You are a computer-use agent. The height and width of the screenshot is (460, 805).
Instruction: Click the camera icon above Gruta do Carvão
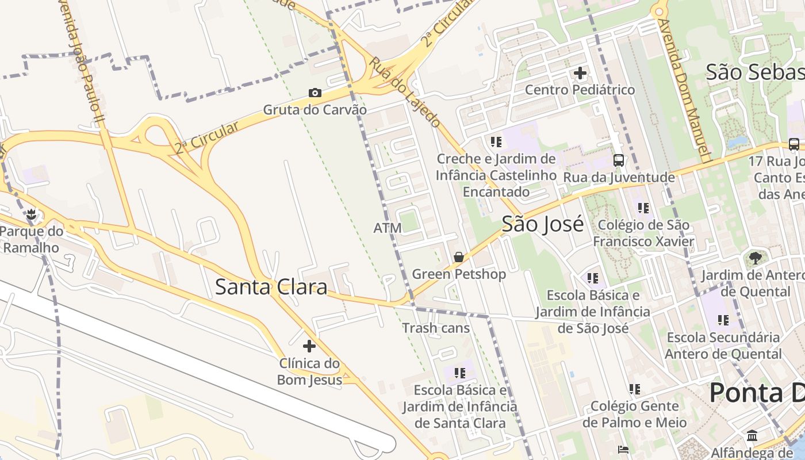[x=315, y=93]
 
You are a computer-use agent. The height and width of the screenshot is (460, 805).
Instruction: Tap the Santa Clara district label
[x=271, y=286]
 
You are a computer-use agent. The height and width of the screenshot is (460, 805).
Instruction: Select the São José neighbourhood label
[x=542, y=224]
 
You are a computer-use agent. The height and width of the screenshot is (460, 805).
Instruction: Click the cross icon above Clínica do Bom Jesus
[x=309, y=346]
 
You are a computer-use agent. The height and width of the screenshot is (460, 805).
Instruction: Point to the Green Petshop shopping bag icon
[x=458, y=257]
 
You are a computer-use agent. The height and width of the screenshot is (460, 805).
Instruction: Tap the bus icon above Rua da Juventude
[x=619, y=160]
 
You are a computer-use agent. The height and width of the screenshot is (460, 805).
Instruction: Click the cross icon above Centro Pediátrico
[x=580, y=73]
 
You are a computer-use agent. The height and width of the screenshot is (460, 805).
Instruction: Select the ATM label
[x=388, y=228]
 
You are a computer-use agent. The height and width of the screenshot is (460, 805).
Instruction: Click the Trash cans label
[x=436, y=328]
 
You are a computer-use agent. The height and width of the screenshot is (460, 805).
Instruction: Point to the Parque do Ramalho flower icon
[x=31, y=215]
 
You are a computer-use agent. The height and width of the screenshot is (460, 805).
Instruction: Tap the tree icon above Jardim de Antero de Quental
[x=755, y=258]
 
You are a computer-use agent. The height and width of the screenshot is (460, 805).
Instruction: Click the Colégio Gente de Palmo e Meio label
[x=634, y=415]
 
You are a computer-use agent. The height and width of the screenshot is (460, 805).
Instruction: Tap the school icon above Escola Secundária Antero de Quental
[x=723, y=320]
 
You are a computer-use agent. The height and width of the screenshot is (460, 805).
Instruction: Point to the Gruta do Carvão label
[x=315, y=109]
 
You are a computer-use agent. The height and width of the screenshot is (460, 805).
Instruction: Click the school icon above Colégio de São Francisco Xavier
[x=643, y=208]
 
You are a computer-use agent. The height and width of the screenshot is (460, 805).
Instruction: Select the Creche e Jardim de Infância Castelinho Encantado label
[x=496, y=175]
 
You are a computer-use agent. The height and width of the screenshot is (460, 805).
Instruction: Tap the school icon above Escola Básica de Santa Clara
[x=459, y=373]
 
